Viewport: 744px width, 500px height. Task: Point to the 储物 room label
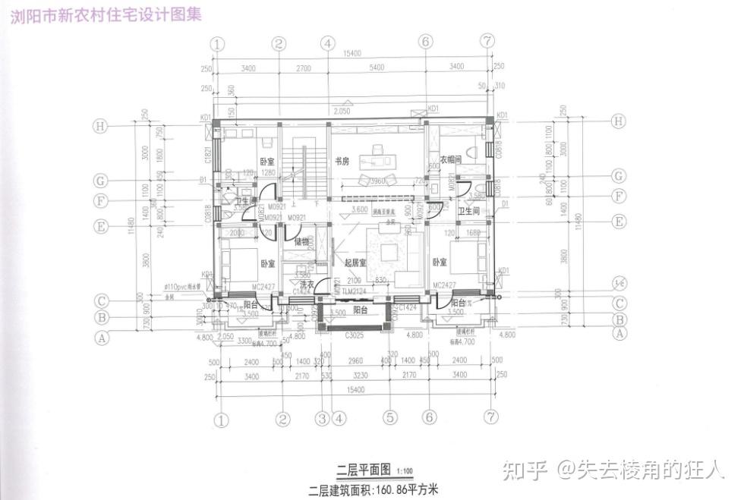[x=301, y=242]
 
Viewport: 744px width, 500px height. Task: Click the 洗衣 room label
[x=307, y=285]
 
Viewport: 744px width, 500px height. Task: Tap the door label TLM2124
[x=353, y=292]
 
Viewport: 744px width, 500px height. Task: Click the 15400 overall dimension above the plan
[x=350, y=53]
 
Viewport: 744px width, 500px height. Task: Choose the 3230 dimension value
[x=361, y=376]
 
